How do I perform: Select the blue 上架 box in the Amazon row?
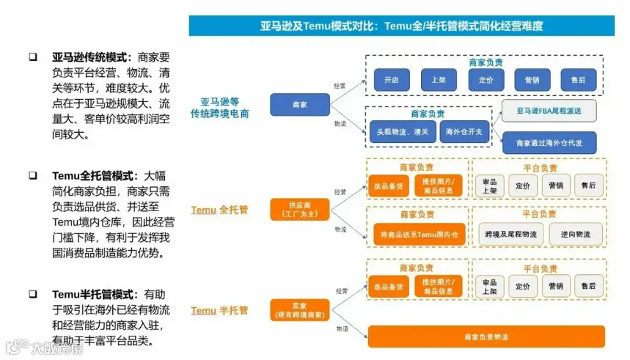click(x=439, y=79)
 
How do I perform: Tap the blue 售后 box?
click(x=579, y=79)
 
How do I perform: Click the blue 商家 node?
click(x=299, y=105)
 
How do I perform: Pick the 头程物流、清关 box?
click(x=403, y=132)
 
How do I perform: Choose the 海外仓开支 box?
click(x=464, y=132)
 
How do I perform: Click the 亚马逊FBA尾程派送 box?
click(x=549, y=111)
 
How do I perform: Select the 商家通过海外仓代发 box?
click(x=549, y=142)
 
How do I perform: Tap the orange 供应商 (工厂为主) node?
click(x=299, y=210)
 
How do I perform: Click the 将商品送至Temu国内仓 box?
click(x=418, y=234)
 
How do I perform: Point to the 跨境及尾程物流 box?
click(x=510, y=234)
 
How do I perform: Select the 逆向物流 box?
click(x=575, y=234)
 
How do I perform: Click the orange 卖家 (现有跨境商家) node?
click(x=299, y=310)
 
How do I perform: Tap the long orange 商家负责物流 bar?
click(x=486, y=337)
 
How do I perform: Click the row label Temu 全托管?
click(x=219, y=210)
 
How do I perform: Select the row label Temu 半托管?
click(x=219, y=310)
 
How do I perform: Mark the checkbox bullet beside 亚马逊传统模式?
click(x=33, y=56)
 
